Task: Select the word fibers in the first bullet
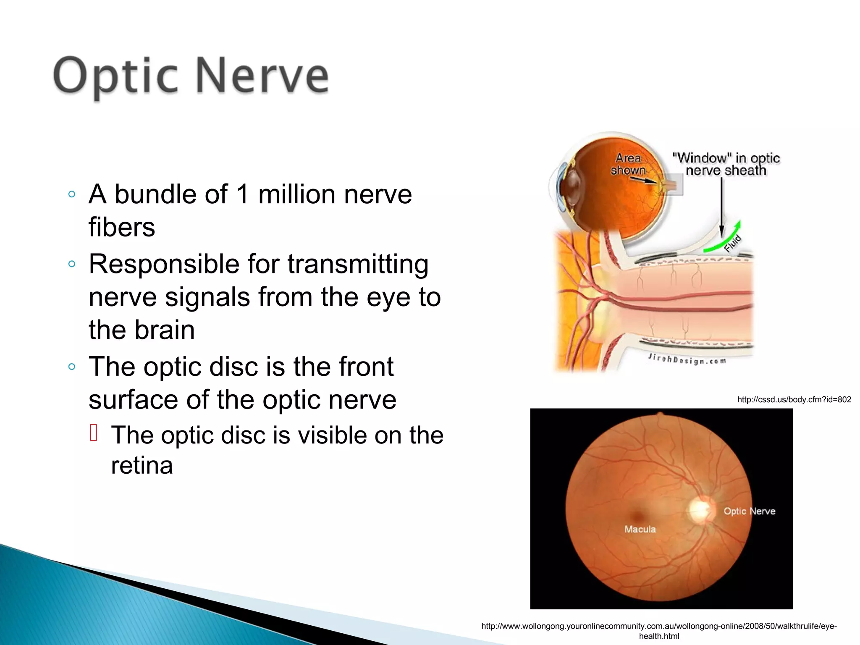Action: pyautogui.click(x=122, y=227)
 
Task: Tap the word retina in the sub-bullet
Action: pyautogui.click(x=142, y=465)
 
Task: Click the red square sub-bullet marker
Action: pyautogui.click(x=94, y=433)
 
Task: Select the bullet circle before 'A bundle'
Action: pyautogui.click(x=71, y=194)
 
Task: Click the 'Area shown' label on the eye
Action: pyautogui.click(x=628, y=164)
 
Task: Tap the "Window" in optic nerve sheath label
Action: pyautogui.click(x=726, y=164)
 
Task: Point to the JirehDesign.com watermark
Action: pyautogui.click(x=687, y=359)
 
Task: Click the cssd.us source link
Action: pyautogui.click(x=794, y=400)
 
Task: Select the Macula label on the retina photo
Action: pyautogui.click(x=640, y=529)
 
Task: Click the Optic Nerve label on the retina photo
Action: pyautogui.click(x=749, y=511)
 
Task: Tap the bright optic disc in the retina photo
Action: pyautogui.click(x=700, y=509)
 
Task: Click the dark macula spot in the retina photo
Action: pyautogui.click(x=638, y=515)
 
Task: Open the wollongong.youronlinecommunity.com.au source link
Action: pyautogui.click(x=658, y=626)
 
